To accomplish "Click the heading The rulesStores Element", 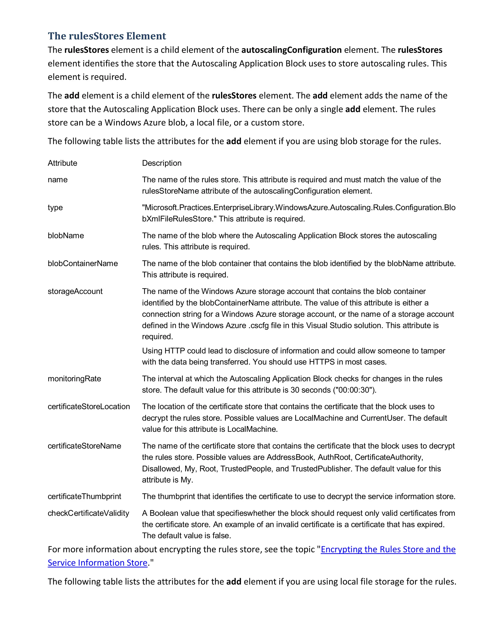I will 107,36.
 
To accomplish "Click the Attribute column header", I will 62,163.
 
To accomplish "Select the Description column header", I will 162,163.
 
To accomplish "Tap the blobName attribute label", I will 66,235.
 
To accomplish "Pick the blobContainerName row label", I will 83,263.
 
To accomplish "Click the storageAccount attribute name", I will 75,291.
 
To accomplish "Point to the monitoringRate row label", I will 74,379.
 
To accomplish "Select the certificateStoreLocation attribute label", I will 89,407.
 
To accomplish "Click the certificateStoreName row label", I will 84,446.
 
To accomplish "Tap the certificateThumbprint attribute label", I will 84,496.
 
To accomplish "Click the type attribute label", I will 55,208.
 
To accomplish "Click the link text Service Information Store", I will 98,563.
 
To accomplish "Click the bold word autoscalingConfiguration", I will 291,50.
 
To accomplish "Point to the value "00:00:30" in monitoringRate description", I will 353,390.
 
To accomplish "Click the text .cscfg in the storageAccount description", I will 258,326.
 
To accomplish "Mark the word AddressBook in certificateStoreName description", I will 290,457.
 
